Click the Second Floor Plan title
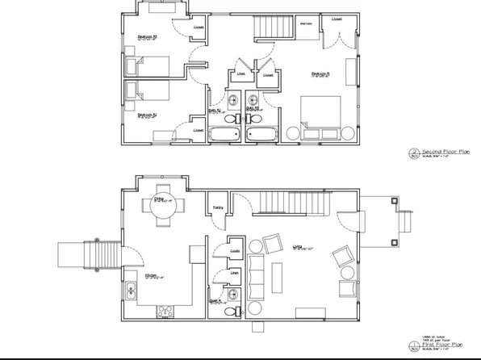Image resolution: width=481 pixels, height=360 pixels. [x=441, y=151]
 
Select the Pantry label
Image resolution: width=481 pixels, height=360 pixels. [x=218, y=207]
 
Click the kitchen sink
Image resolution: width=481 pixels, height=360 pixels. [x=131, y=289]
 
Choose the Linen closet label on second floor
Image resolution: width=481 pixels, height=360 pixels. [x=240, y=74]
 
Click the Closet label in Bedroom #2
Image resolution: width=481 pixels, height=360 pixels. [x=198, y=129]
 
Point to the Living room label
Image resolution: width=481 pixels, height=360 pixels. [x=296, y=249]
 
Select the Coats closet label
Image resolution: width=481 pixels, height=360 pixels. [x=235, y=251]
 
